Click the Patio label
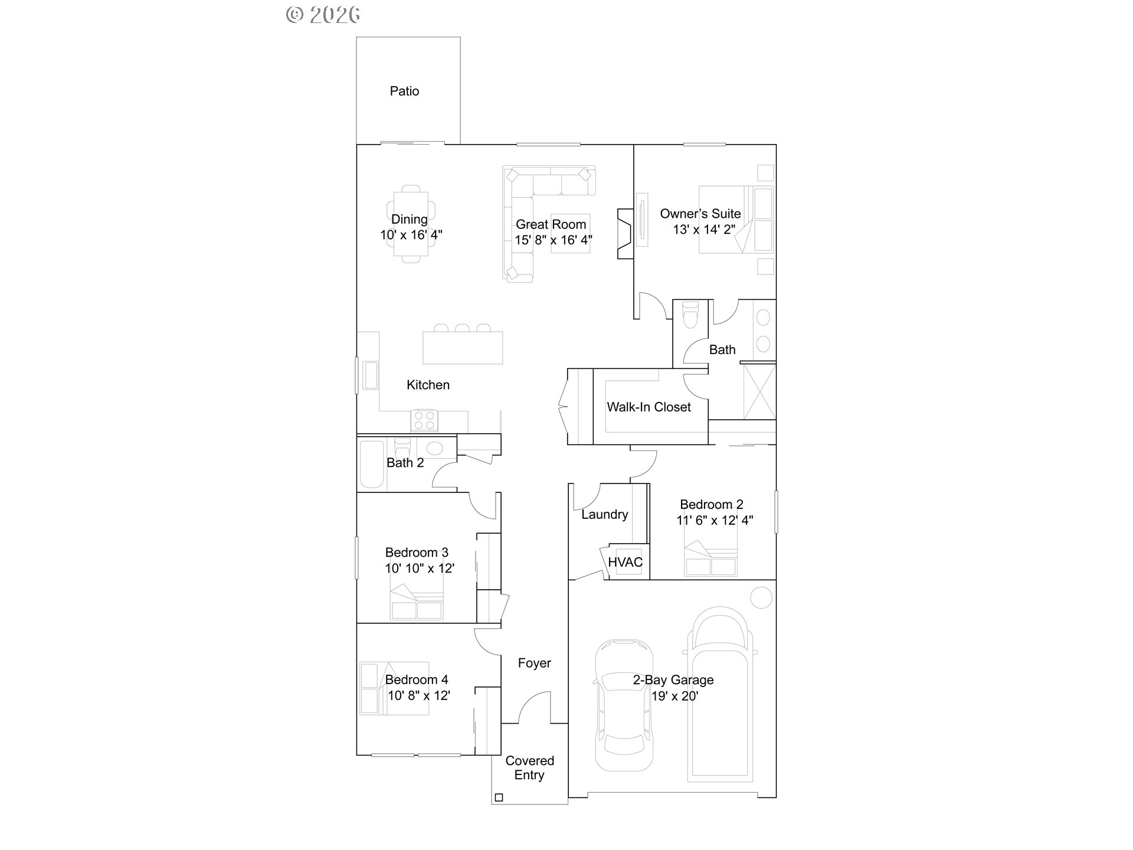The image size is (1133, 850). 404,91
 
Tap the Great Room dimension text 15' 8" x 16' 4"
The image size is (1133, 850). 553,240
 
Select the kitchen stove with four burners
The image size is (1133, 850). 424,420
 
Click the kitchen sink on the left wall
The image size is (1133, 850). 371,375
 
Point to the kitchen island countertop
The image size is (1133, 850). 463,348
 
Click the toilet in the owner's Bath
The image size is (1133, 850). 689,315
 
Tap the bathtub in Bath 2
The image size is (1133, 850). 371,463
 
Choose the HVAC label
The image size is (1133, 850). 625,562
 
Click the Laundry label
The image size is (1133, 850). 604,514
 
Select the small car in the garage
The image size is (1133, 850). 624,705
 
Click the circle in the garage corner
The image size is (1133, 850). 761,598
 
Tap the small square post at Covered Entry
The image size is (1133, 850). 499,797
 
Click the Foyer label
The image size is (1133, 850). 534,663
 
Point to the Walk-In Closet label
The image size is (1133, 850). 649,407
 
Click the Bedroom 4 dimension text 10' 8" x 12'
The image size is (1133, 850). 418,695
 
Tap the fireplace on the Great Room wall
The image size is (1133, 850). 625,233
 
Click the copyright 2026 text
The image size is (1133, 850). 323,15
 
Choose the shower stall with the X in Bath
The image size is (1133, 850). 759,392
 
